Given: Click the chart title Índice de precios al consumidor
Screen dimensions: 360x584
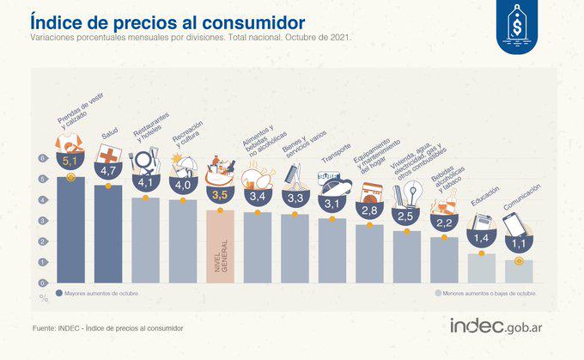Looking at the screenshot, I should click(167, 21).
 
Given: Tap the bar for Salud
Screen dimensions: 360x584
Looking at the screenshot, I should click(108, 232).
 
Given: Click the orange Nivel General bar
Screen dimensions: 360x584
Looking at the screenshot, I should click(220, 245).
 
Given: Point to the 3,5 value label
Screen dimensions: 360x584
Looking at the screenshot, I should click(220, 195).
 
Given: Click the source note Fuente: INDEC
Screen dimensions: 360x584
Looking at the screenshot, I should click(107, 327).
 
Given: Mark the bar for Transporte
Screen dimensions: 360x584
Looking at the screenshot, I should click(332, 250).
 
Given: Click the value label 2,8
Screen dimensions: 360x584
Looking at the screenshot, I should click(369, 210).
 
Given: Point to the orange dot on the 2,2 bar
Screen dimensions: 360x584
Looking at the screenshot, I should click(443, 238).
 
